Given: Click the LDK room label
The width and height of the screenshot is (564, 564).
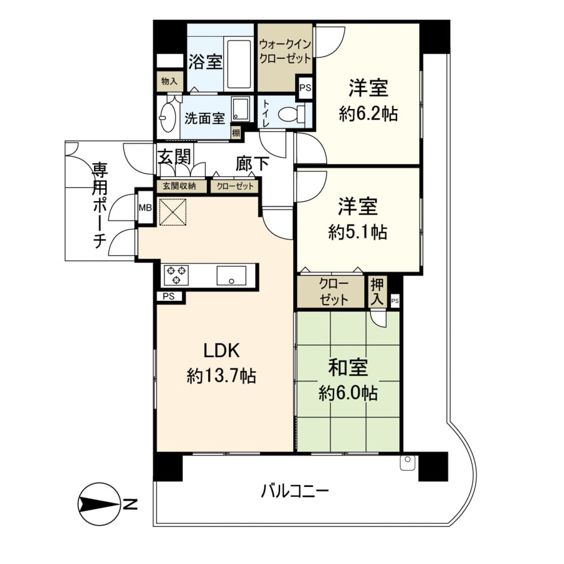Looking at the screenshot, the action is pyautogui.click(x=222, y=350).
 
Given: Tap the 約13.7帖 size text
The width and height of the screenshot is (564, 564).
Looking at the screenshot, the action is pyautogui.click(x=222, y=376).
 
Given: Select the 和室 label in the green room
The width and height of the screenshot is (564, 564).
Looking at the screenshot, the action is pyautogui.click(x=348, y=367).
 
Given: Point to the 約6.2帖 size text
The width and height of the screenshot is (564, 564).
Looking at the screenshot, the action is pyautogui.click(x=368, y=114).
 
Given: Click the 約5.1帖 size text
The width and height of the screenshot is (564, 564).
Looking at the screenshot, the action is pyautogui.click(x=358, y=232).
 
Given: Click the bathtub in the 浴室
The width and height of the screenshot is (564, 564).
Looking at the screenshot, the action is pyautogui.click(x=239, y=65).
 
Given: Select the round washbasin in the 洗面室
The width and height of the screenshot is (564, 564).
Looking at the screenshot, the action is pyautogui.click(x=167, y=117).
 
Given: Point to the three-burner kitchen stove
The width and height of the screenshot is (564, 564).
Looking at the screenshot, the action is pyautogui.click(x=176, y=275).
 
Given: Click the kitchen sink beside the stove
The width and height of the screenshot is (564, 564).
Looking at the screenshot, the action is pyautogui.click(x=231, y=276).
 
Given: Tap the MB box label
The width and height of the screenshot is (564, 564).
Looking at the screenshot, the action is pyautogui.click(x=145, y=207).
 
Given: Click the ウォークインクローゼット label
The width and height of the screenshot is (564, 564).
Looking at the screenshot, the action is pyautogui.click(x=285, y=51).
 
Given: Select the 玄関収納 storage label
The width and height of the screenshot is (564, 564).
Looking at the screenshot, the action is pyautogui.click(x=179, y=186).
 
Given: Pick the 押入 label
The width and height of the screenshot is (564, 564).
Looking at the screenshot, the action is pyautogui.click(x=377, y=292).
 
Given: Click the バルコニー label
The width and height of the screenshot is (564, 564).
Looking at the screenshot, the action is pyautogui.click(x=295, y=491).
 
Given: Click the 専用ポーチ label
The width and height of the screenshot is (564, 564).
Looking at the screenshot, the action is pyautogui.click(x=100, y=206).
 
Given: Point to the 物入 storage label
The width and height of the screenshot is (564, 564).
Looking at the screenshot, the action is pyautogui.click(x=169, y=81).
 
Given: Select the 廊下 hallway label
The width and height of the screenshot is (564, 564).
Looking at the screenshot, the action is pyautogui.click(x=252, y=164).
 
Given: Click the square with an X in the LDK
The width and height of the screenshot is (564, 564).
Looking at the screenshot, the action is pyautogui.click(x=173, y=212).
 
